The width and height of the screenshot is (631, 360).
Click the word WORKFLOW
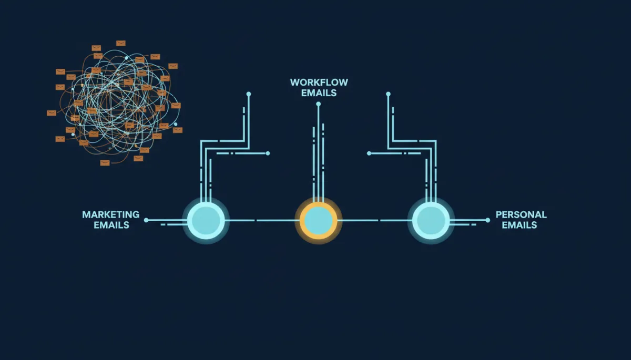pyautogui.click(x=319, y=83)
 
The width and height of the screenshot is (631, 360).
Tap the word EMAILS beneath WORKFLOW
pyautogui.click(x=319, y=93)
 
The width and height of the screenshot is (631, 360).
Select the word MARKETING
pyautogui.click(x=111, y=215)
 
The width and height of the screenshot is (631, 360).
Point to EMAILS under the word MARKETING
pyautogui.click(x=111, y=225)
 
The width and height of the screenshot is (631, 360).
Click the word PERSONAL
pyautogui.click(x=521, y=215)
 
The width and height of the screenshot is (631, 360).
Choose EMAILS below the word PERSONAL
pyautogui.click(x=520, y=225)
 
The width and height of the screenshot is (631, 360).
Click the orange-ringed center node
pyautogui.click(x=319, y=220)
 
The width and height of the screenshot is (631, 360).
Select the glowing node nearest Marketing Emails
pyautogui.click(x=206, y=220)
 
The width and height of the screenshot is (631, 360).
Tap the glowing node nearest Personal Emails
pyautogui.click(x=431, y=220)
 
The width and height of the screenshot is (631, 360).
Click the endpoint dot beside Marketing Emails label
pyautogui.click(x=146, y=220)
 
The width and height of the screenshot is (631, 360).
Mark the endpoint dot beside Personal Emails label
pyautogui.click(x=487, y=220)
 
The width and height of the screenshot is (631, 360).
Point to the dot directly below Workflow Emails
pyautogui.click(x=318, y=104)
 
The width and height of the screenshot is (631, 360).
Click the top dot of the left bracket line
pyautogui.click(x=248, y=94)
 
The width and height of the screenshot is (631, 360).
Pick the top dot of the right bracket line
pyautogui.click(x=388, y=94)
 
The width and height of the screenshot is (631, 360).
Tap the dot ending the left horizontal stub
pyautogui.click(x=268, y=153)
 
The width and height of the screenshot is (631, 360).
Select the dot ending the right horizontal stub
pyautogui.click(x=369, y=153)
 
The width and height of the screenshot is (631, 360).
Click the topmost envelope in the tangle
pyautogui.click(x=121, y=43)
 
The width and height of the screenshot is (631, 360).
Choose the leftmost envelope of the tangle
pyautogui.click(x=52, y=113)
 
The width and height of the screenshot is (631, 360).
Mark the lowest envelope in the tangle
pyautogui.click(x=105, y=163)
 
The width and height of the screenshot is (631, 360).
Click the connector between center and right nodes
pyautogui.click(x=375, y=220)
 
